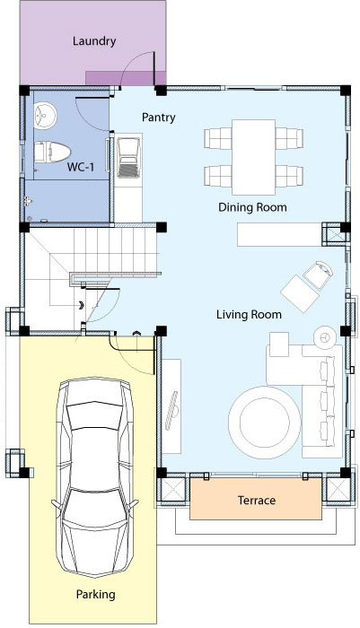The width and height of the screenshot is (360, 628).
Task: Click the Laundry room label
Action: click(x=94, y=41)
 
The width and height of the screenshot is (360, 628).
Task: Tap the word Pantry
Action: click(x=158, y=118)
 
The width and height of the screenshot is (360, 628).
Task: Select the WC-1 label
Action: click(x=81, y=167)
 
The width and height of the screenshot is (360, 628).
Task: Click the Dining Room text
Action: click(x=252, y=207)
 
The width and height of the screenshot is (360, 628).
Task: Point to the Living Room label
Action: click(x=249, y=314)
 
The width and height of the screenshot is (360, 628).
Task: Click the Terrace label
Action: click(x=257, y=501)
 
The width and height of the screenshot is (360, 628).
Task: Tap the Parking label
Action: click(x=95, y=595)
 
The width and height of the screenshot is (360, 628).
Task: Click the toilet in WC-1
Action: click(x=52, y=153)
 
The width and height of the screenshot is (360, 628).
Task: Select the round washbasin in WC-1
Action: click(x=45, y=116)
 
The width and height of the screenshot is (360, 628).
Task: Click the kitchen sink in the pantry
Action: click(x=128, y=157)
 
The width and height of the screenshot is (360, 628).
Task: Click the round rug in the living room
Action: click(x=264, y=423)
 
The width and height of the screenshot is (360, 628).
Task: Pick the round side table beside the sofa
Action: click(x=324, y=337)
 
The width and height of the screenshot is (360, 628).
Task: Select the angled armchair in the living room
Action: click(x=319, y=275)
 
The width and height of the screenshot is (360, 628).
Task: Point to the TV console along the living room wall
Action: click(x=171, y=406)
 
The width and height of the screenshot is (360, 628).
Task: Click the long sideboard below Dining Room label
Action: click(x=279, y=235)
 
